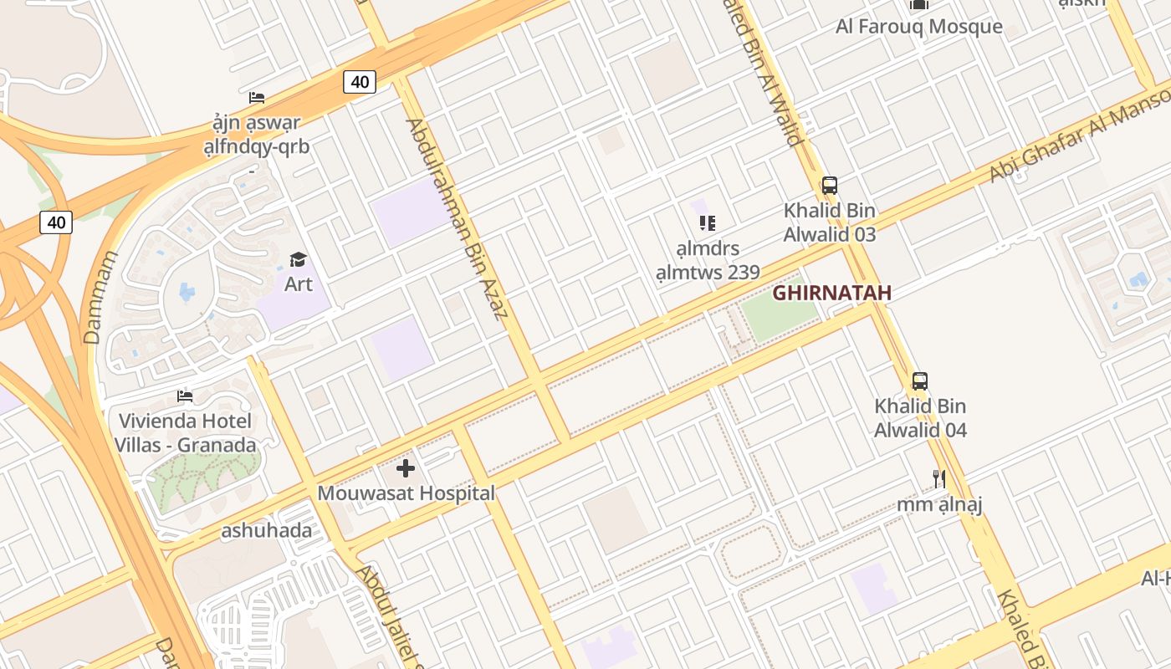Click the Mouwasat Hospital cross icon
[x=406, y=468]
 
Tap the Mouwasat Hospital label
[x=406, y=493]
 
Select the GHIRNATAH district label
[x=831, y=294]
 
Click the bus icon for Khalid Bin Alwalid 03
[x=829, y=186]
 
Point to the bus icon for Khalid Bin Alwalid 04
[x=920, y=381]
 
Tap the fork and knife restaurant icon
[x=939, y=479]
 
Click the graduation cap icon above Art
[x=298, y=260]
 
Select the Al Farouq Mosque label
[x=918, y=27]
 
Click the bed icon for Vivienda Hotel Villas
[x=185, y=396]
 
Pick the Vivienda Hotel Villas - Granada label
[x=187, y=433]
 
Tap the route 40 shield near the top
[x=360, y=82]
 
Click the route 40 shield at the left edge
[x=56, y=222]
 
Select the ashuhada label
[x=266, y=531]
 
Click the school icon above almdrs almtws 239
[x=708, y=223]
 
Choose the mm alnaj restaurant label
[x=939, y=505]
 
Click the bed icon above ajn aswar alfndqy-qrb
[x=257, y=98]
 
